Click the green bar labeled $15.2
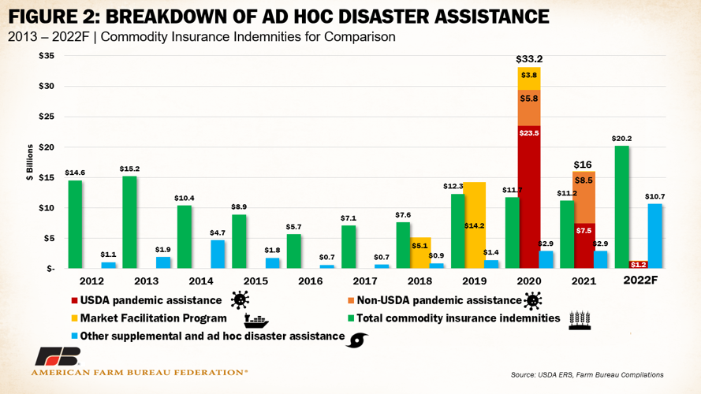129,221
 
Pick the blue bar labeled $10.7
655,236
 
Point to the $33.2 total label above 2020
529,59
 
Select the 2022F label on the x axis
639,282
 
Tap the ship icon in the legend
255,320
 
